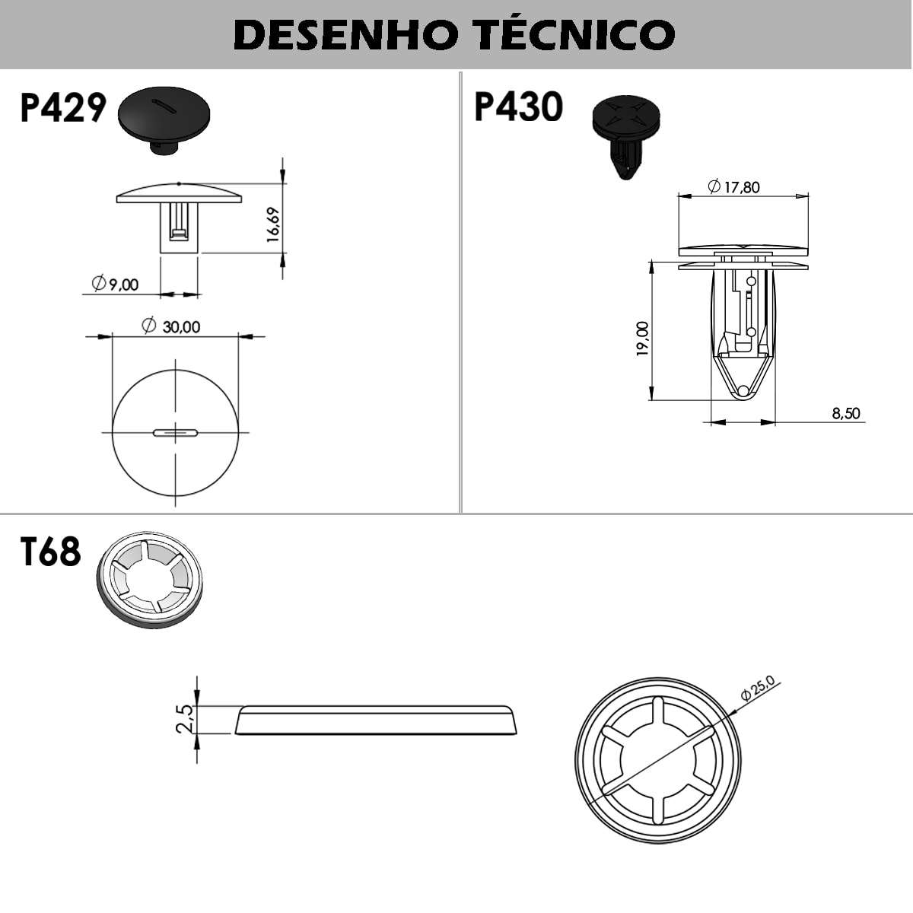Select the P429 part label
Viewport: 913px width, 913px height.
click(62, 108)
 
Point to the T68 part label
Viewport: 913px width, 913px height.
click(50, 552)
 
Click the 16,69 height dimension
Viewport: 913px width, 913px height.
click(273, 224)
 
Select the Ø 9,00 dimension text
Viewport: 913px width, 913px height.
click(116, 285)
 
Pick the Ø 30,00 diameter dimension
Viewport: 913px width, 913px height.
click(172, 326)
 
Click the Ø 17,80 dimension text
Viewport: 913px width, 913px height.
click(734, 186)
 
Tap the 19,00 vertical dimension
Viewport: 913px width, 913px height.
click(643, 339)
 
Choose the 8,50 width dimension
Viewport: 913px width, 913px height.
click(845, 413)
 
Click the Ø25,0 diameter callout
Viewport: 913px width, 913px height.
click(757, 688)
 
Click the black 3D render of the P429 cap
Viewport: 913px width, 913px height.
click(164, 119)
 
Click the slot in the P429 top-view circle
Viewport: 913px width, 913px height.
click(176, 433)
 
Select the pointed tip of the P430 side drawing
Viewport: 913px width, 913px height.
click(743, 391)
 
